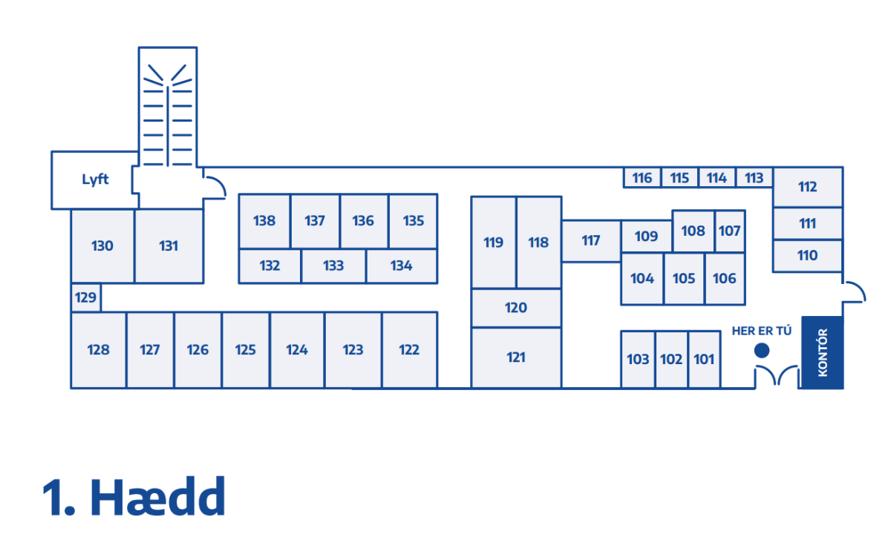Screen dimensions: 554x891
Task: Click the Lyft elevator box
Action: pyautogui.click(x=94, y=179)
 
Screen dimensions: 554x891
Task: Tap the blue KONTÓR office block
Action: pyautogui.click(x=822, y=352)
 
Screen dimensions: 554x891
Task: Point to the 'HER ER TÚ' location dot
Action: pyautogui.click(x=762, y=350)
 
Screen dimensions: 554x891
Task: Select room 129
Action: pyautogui.click(x=86, y=297)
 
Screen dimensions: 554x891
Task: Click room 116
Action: pyautogui.click(x=642, y=178)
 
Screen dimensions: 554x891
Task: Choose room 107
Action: pyautogui.click(x=729, y=231)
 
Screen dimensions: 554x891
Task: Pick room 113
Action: pyautogui.click(x=754, y=178)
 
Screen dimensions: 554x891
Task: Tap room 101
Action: pyautogui.click(x=704, y=360)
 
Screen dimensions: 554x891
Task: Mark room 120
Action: pyautogui.click(x=516, y=308)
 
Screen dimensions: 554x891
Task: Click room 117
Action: pyautogui.click(x=591, y=240)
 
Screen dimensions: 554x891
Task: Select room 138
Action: pyautogui.click(x=264, y=220)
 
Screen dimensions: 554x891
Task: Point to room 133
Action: pyautogui.click(x=333, y=266)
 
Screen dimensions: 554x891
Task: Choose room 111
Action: pyautogui.click(x=807, y=223)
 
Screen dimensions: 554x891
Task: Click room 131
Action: pyautogui.click(x=169, y=245)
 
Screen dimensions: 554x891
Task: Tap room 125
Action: pyautogui.click(x=246, y=350)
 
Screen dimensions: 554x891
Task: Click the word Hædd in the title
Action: pyautogui.click(x=157, y=497)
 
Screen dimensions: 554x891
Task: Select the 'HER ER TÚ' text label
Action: pyautogui.click(x=762, y=331)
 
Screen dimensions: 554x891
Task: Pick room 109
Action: pyautogui.click(x=646, y=237)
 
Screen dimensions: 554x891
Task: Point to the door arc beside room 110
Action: pyautogui.click(x=854, y=291)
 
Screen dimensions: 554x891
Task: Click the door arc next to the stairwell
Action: pyautogui.click(x=215, y=186)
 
